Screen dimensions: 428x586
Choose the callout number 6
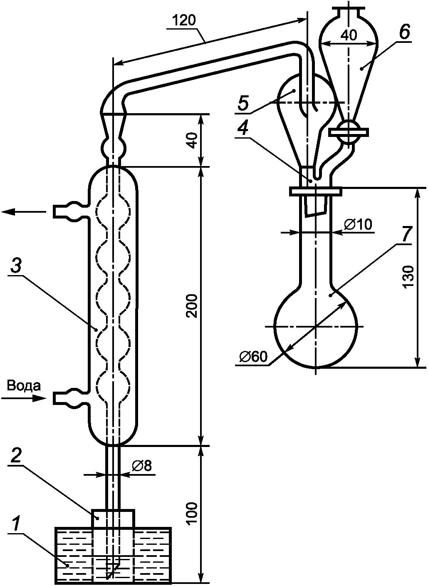click(x=404, y=32)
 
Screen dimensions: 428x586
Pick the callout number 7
click(x=406, y=234)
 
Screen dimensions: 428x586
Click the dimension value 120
click(x=184, y=21)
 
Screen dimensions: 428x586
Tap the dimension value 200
click(x=193, y=305)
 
